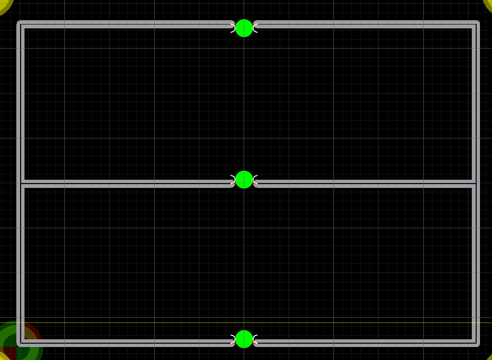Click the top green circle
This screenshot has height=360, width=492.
click(244, 28)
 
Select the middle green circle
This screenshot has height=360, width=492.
click(244, 179)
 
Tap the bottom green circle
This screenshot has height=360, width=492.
click(244, 339)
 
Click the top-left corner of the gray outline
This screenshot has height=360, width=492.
click(20, 24)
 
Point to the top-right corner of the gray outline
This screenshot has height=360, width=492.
click(476, 24)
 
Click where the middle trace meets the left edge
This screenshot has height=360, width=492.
click(20, 183)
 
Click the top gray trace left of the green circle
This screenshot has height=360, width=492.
click(125, 24)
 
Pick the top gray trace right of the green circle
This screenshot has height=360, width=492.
click(365, 24)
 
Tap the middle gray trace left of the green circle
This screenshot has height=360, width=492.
click(125, 183)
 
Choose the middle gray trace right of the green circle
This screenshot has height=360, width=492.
click(365, 183)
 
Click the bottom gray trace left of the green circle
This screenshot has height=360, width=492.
click(125, 343)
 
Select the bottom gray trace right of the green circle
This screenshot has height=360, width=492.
click(365, 343)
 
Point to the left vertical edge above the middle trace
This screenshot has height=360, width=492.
click(20, 103)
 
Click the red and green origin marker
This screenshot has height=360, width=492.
click(16, 342)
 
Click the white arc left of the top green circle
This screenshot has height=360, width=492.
click(234, 28)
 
